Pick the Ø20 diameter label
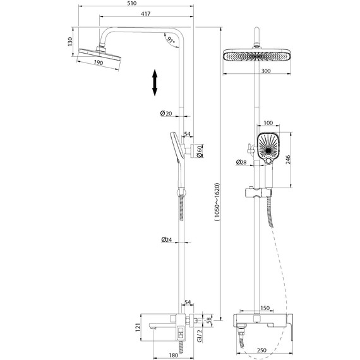166,113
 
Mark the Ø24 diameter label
166,240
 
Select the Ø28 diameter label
241,163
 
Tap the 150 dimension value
266,308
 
